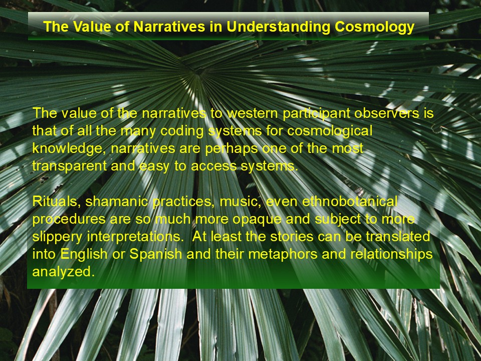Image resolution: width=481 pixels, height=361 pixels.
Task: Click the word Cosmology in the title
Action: coord(375,27)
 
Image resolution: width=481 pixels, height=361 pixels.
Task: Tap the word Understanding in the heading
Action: coord(278,27)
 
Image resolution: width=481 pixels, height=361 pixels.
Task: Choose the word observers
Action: coord(386,113)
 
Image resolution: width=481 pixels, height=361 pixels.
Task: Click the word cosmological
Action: coord(330,131)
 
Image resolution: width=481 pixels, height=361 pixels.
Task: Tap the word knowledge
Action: coord(67,149)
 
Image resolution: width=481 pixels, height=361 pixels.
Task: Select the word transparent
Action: coord(69,166)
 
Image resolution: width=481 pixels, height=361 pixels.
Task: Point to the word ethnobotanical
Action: coord(350,202)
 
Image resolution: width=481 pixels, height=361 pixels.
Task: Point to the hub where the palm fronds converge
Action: coord(199,71)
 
